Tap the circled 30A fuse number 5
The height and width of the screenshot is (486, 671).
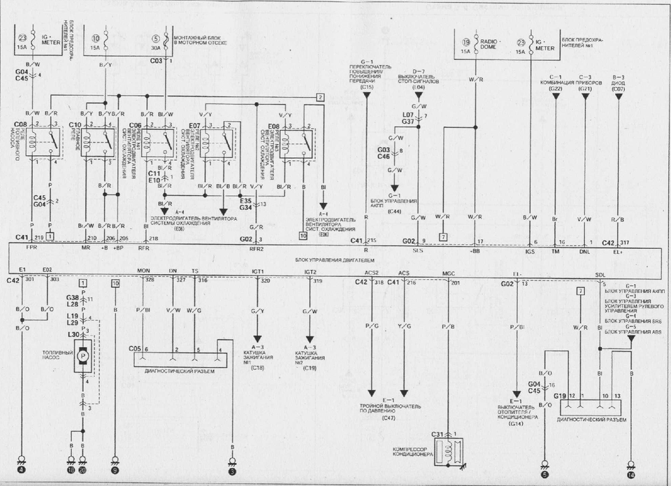point(155,38)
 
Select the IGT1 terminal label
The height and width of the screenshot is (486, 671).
point(257,271)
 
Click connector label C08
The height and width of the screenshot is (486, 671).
point(20,125)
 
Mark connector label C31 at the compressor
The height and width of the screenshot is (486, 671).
point(438,434)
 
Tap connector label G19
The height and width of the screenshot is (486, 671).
point(560,396)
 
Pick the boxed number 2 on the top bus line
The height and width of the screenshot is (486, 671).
point(319,97)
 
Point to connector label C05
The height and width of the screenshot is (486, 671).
point(136,348)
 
